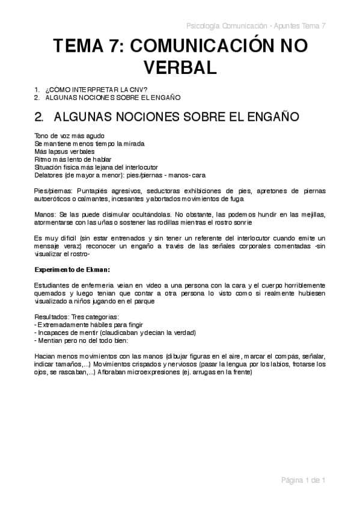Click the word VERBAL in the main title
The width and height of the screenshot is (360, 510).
pyautogui.click(x=180, y=67)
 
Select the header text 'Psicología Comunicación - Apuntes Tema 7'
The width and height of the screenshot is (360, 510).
pyautogui.click(x=256, y=26)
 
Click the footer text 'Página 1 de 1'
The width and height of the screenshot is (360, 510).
pyautogui.click(x=304, y=480)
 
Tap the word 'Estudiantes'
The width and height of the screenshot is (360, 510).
pyautogui.click(x=53, y=284)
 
